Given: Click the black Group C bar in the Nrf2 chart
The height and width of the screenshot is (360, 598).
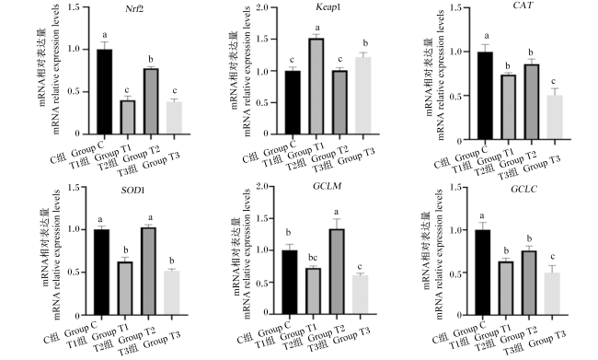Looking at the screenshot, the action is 105,92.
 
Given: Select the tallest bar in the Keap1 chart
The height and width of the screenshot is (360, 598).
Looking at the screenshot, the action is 316,87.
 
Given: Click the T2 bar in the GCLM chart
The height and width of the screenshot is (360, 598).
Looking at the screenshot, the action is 337,272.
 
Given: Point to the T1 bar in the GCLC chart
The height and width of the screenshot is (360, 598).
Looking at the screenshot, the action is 506,288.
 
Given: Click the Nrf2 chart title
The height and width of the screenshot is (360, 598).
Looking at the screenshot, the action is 134,9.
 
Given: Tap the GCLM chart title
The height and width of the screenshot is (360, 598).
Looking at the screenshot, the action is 327,186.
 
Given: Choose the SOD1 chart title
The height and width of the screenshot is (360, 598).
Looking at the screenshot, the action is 132,190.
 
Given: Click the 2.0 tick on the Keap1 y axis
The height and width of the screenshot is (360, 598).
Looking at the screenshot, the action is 262,7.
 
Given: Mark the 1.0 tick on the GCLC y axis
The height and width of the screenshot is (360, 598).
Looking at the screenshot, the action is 456,230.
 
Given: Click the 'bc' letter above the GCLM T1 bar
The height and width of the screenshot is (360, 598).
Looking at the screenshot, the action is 313,258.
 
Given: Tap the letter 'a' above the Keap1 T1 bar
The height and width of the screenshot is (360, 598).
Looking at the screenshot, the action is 316,29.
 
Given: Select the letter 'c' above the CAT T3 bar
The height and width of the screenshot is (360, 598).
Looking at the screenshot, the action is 553,81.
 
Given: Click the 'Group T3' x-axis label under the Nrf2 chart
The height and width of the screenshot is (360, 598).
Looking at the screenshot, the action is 161,160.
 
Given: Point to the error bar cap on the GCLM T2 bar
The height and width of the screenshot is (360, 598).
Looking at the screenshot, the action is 337,219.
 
